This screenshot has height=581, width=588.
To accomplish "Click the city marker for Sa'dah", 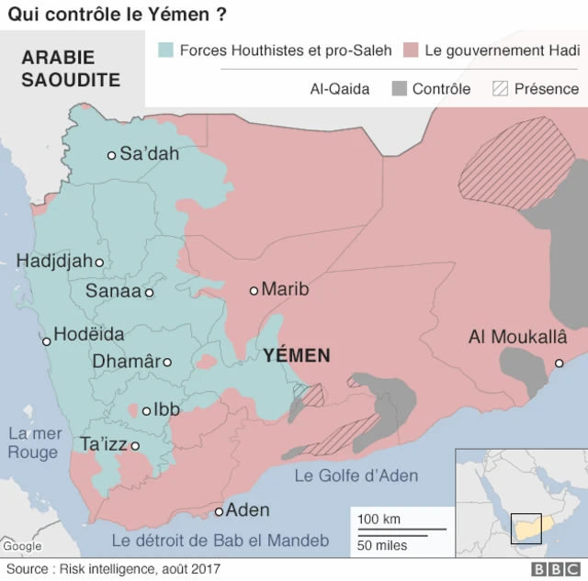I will tap(112, 155).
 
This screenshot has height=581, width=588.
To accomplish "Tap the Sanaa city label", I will tap(113, 292).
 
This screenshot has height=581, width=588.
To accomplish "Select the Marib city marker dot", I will tap(254, 291).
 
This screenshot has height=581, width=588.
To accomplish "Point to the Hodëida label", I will tap(89, 335).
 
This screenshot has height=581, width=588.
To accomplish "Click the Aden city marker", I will tap(220, 511).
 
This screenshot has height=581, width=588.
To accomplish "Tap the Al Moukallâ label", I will tap(517, 337).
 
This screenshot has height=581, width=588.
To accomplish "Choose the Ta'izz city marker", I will tap(135, 446).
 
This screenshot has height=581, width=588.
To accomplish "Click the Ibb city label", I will tap(166, 409).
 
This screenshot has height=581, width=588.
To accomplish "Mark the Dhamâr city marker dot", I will tap(167, 362).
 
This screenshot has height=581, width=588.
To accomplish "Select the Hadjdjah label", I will tap(54, 262).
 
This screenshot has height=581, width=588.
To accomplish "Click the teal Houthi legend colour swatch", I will tap(165, 50).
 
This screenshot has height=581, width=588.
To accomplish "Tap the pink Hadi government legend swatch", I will tap(411, 50).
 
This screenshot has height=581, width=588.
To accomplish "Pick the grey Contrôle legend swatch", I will tap(399, 89).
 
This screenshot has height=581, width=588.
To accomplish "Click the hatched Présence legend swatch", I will tap(501, 89).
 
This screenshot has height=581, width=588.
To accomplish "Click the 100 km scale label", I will tap(379, 519).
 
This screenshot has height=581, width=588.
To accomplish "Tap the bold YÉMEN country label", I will tap(296, 355).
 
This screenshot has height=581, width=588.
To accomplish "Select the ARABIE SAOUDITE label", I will tap(71, 69).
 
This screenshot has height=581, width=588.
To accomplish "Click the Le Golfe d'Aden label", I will tap(356, 475).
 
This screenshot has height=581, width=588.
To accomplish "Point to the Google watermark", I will tap(22, 546).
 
